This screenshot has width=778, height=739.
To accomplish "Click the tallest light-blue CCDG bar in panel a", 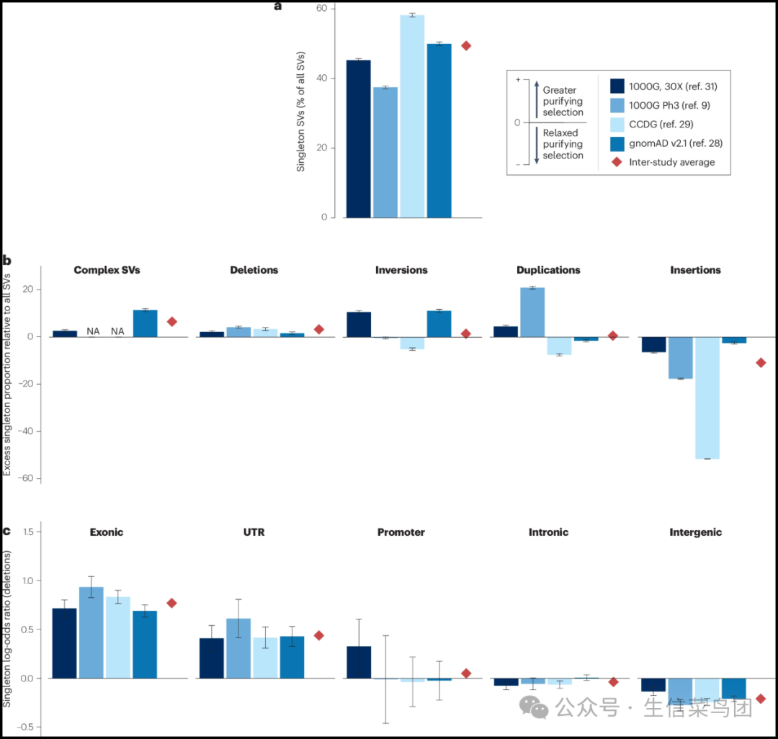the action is (412, 117).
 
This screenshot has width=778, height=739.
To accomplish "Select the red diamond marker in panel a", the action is (466, 45).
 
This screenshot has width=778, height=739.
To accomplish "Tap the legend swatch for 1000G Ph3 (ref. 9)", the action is (617, 105).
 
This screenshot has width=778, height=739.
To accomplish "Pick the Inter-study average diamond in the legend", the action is (617, 162).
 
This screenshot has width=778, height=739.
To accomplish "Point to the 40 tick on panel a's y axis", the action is (322, 78).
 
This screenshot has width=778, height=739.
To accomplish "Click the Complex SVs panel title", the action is (107, 270).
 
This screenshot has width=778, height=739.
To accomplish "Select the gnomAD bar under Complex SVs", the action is (146, 323).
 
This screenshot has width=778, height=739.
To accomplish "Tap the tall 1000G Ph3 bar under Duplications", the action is (532, 313).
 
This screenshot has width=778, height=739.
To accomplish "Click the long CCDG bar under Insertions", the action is (707, 398).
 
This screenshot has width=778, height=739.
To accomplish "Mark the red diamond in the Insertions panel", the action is (761, 363).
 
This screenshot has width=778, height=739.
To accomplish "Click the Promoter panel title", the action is (401, 532).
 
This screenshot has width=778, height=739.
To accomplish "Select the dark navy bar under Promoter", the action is (359, 662).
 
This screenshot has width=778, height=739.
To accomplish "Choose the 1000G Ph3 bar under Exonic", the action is (91, 632).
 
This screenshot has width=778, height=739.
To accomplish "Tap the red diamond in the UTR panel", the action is (319, 635).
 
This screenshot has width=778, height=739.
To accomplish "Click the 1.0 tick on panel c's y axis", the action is (28, 581).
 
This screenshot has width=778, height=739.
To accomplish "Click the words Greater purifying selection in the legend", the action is (563, 101).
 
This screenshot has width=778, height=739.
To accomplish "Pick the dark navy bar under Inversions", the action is (359, 324).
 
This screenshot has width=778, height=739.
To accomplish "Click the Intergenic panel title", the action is (696, 532).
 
